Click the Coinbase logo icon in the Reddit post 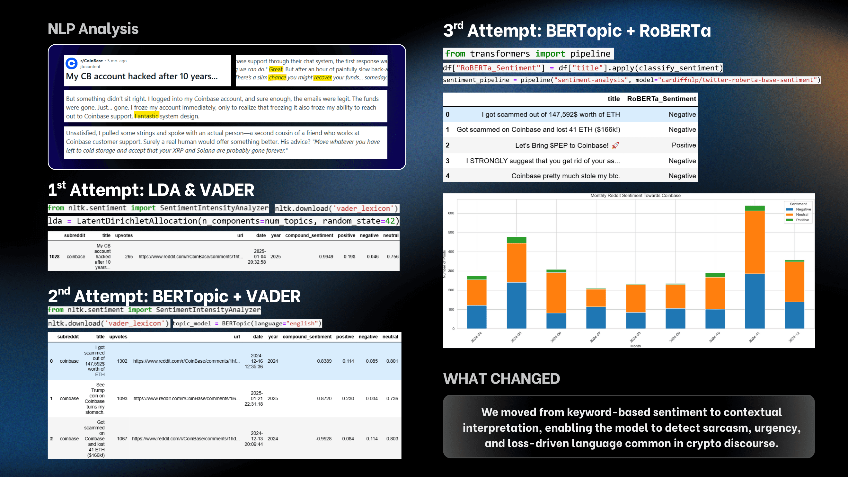click(x=71, y=63)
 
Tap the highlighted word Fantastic click(x=146, y=116)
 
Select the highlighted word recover click(x=322, y=78)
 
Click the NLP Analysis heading click(x=93, y=29)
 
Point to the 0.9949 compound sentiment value click(x=326, y=257)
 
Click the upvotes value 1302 click(x=122, y=361)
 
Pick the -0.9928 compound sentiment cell click(x=323, y=439)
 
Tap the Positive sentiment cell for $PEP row click(x=684, y=145)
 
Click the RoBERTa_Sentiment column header click(x=661, y=99)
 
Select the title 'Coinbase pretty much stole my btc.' click(x=566, y=176)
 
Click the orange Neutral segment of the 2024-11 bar click(x=755, y=242)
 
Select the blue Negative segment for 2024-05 click(x=516, y=305)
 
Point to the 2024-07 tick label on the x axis click(x=595, y=337)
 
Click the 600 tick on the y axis click(x=451, y=213)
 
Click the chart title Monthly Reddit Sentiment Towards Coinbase click(x=635, y=196)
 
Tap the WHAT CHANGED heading click(x=501, y=379)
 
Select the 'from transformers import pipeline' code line click(x=528, y=54)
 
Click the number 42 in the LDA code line click(x=390, y=221)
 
